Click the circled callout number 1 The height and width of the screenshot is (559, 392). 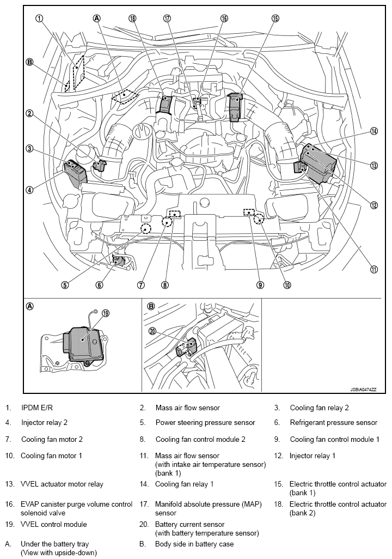[39, 18]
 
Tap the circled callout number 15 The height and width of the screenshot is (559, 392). [275, 18]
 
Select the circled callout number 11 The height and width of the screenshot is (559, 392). [374, 270]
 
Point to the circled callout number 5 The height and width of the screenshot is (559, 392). [64, 285]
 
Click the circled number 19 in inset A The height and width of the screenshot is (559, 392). [106, 313]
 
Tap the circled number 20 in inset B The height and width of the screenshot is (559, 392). [152, 331]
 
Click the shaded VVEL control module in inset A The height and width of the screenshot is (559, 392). [84, 343]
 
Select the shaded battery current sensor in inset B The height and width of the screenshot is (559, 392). [188, 347]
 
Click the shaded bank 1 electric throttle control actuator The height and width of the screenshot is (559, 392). [235, 106]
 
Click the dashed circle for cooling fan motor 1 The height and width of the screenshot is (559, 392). [259, 219]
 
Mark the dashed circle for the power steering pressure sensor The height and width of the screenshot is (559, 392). [146, 228]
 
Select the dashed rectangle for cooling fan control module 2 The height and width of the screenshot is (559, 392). [175, 214]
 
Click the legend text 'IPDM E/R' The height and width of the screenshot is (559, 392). [36, 408]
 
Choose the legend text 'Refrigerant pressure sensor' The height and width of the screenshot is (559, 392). [334, 422]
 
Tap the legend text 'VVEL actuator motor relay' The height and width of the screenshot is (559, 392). [62, 484]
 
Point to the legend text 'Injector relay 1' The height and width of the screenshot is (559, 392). [312, 455]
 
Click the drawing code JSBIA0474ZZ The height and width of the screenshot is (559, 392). [363, 390]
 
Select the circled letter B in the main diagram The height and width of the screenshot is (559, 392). [29, 63]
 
